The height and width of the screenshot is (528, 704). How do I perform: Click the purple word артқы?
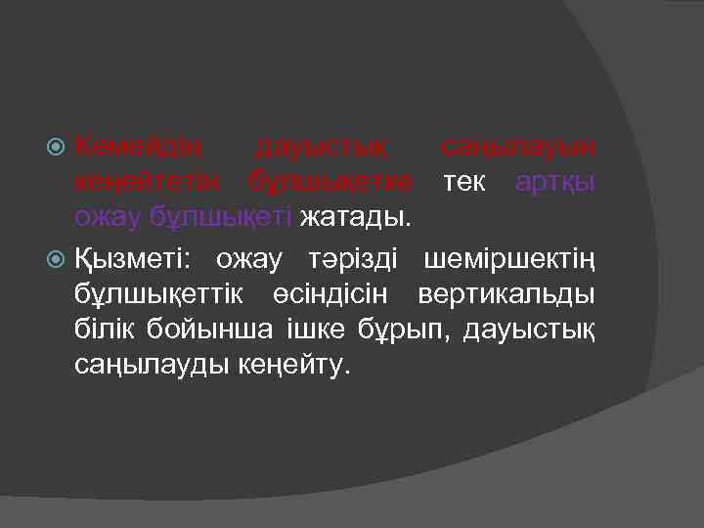557,182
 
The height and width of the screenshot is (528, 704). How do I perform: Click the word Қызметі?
135,259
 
